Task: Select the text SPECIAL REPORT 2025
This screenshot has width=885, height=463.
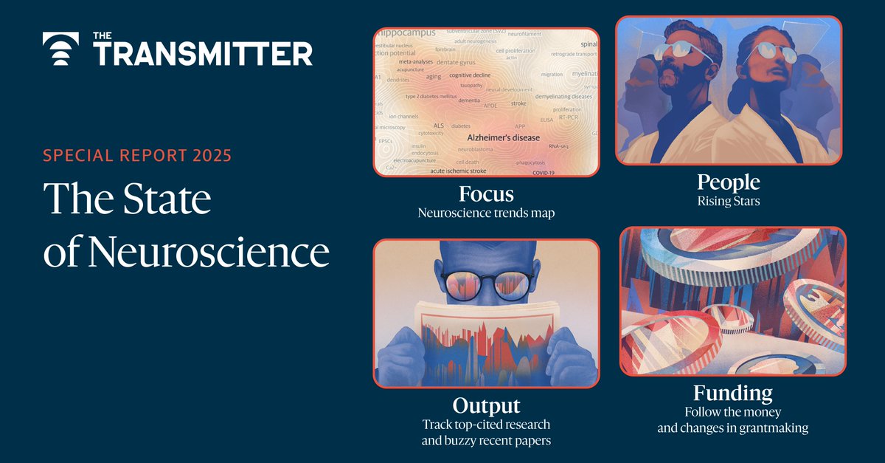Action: (x=137, y=156)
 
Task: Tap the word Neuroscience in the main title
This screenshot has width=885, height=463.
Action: (x=208, y=253)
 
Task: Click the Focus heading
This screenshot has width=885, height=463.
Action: (x=486, y=194)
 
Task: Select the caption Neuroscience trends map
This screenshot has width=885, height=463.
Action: (x=486, y=213)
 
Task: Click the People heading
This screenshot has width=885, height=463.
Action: (x=727, y=182)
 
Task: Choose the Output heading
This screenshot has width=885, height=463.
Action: (x=486, y=405)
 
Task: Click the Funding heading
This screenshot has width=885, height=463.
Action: (x=732, y=392)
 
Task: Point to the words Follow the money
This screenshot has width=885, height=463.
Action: (x=732, y=411)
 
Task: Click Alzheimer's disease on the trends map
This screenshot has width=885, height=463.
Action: (x=503, y=138)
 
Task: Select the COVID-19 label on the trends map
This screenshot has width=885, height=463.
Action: (x=542, y=173)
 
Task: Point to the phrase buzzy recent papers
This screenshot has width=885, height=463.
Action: (x=486, y=442)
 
